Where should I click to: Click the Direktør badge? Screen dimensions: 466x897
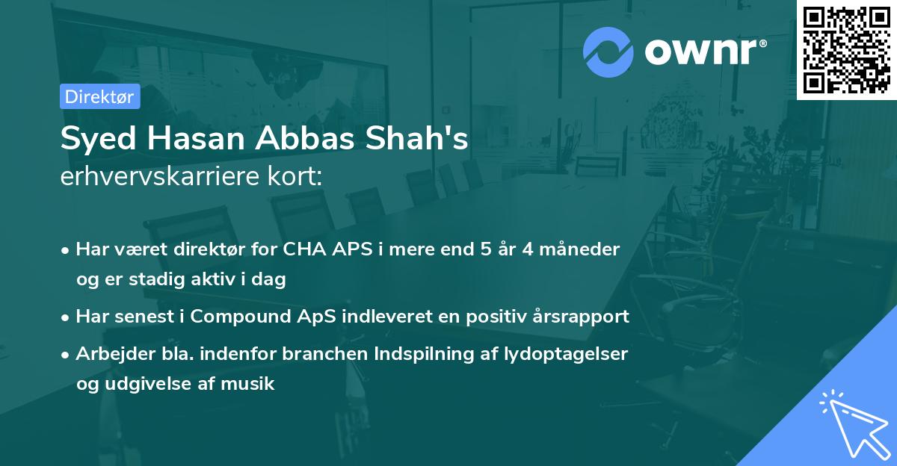99,96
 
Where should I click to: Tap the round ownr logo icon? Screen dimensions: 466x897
608,52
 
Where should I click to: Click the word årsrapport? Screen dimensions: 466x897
582,316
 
